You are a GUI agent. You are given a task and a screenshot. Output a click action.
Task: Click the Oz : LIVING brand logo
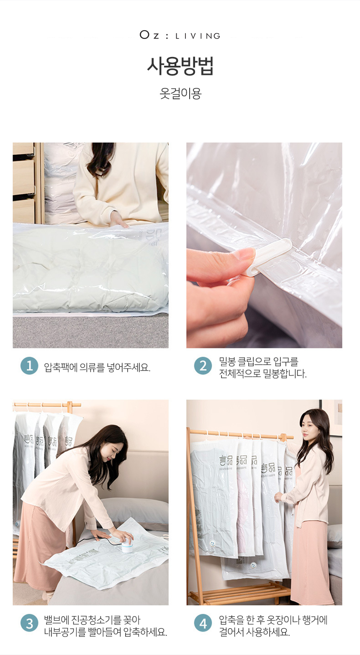[180, 36]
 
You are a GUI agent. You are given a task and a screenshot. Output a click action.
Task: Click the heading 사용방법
[180, 66]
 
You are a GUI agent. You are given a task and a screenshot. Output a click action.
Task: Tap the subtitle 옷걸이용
[180, 93]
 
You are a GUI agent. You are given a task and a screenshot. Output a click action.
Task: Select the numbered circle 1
[29, 366]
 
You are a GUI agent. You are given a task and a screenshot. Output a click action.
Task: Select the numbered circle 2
[203, 366]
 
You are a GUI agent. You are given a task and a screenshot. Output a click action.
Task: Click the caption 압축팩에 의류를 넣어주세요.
[97, 367]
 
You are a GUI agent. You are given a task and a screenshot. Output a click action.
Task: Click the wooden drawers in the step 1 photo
[24, 183]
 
